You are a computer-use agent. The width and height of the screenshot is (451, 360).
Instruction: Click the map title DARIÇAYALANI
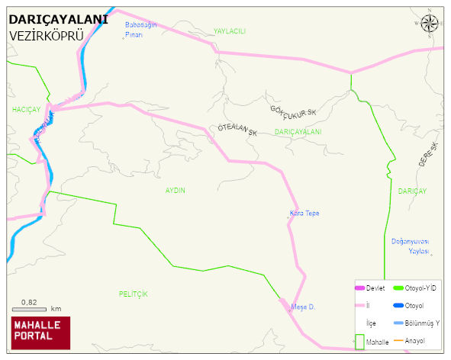[64, 20]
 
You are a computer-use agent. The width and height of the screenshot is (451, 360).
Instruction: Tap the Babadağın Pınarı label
[140, 30]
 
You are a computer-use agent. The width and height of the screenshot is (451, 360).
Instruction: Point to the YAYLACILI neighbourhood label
[229, 31]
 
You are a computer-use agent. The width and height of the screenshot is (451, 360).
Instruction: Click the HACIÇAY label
[26, 110]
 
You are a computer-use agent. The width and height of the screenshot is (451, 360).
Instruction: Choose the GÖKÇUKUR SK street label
[293, 111]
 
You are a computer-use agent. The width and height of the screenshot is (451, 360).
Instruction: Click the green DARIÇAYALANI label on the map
[298, 132]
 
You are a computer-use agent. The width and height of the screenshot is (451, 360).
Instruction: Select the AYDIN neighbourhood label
[176, 190]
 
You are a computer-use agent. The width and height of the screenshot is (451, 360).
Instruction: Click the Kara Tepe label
[304, 213]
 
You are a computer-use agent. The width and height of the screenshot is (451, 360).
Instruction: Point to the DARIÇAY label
[412, 190]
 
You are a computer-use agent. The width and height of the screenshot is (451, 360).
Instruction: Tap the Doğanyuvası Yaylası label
[411, 246]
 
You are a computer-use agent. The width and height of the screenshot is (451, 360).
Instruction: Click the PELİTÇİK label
[133, 294]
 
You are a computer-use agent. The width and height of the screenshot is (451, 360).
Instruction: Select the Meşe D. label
[303, 307]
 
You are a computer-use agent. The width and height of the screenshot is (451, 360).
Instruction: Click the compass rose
[430, 24]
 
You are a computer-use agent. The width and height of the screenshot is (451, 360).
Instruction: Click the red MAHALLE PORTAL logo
[40, 331]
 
